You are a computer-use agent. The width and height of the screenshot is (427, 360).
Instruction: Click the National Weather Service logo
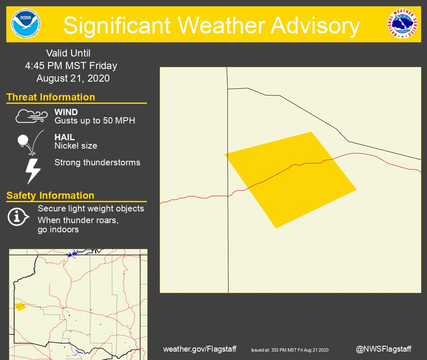point(402,24)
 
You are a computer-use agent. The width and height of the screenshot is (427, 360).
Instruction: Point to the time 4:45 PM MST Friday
point(71,66)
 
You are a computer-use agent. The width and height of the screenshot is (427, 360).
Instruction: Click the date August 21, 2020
point(73,78)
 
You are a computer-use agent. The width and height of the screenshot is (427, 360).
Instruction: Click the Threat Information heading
point(51,97)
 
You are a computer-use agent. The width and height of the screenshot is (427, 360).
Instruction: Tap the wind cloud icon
point(31,116)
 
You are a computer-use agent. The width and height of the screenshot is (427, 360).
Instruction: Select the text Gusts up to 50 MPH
point(95,121)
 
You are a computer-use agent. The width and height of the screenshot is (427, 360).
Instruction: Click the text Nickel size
point(76,146)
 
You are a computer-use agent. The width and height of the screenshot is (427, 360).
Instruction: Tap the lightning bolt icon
point(33,171)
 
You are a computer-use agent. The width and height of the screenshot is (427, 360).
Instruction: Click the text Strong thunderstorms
point(97,162)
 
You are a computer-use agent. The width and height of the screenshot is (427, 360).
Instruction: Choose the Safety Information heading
point(50,195)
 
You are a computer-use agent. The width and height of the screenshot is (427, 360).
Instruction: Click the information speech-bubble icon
point(18,216)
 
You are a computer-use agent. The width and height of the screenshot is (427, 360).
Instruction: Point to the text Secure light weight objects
point(91,208)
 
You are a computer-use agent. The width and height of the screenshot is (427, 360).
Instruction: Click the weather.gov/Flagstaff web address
point(200,349)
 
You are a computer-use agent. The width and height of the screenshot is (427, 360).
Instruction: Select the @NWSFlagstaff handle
point(383,349)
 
